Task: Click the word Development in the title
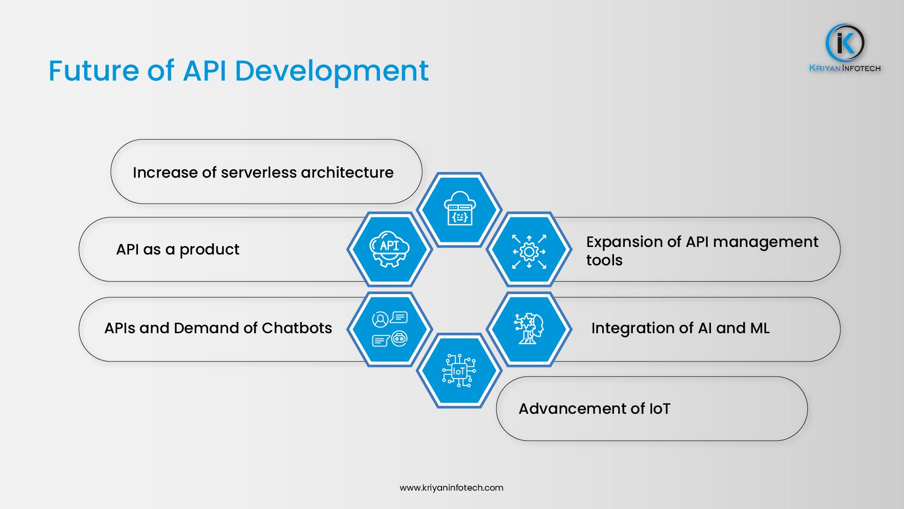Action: [331, 71]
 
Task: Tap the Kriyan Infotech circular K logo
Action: [845, 43]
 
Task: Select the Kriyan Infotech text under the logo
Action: [845, 68]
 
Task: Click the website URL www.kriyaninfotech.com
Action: [451, 488]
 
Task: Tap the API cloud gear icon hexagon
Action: [389, 249]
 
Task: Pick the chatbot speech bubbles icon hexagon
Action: [389, 328]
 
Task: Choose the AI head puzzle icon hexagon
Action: [529, 328]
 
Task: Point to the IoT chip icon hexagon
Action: [459, 371]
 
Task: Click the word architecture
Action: [347, 172]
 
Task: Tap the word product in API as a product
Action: [209, 250]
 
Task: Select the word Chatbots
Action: [297, 328]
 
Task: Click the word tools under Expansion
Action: [604, 260]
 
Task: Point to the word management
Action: [766, 242]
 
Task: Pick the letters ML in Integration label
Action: [759, 328]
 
